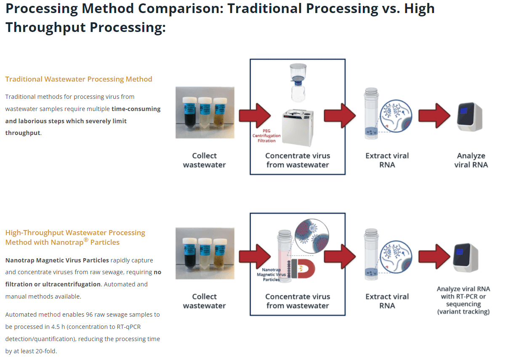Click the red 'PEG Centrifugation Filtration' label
266,136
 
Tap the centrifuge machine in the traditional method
298,127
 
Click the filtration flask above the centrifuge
298,83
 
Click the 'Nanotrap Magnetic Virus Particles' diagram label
271,275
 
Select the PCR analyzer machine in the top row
470,117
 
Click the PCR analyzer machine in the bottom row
466,258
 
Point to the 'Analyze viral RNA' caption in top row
471,160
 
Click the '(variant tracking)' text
463,312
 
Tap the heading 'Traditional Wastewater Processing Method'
79,79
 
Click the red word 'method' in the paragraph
49,315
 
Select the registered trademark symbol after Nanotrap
86,240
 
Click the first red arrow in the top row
255,116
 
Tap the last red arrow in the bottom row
434,257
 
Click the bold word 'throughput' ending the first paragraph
23,133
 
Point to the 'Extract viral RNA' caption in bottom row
387,301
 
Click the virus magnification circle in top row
396,116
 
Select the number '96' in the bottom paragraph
89,315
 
